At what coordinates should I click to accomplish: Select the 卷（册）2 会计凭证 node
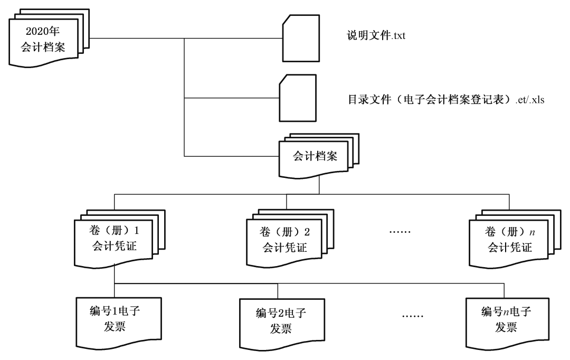[x=287, y=239]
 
